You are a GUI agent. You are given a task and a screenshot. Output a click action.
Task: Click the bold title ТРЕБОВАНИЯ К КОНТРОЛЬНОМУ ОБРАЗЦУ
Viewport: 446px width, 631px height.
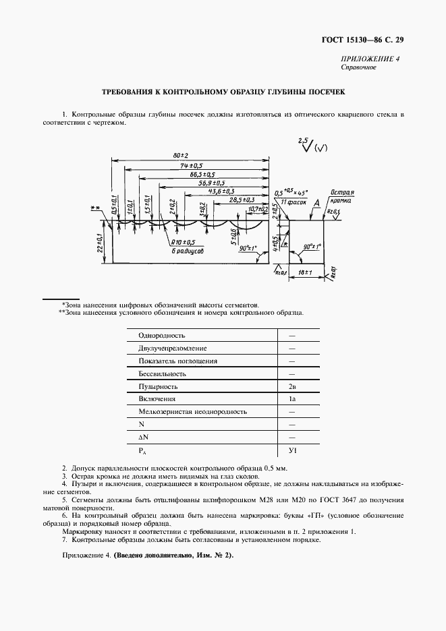tap(223, 92)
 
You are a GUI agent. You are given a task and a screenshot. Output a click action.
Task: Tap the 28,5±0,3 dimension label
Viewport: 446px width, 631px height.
tap(241, 200)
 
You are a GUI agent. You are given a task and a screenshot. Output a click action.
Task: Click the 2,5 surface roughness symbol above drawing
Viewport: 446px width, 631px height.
tap(305, 146)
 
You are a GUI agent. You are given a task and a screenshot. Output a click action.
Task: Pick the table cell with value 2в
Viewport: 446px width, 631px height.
tap(292, 387)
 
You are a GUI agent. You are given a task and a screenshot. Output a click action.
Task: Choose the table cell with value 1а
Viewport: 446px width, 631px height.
tap(292, 399)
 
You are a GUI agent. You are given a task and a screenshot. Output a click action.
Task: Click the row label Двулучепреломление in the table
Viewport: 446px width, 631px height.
tap(172, 349)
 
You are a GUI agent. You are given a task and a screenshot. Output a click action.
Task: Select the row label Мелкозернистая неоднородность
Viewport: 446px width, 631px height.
tap(192, 412)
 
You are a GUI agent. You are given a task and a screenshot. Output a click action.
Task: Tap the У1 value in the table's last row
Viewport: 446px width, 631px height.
tap(292, 450)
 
